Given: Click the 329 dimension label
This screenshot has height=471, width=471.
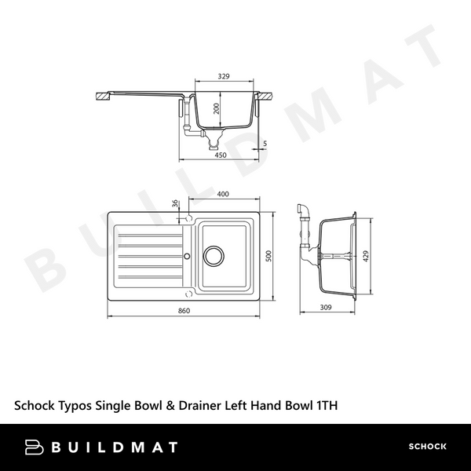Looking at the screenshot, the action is tap(224, 76).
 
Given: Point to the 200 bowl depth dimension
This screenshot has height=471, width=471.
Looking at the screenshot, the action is tap(217, 109).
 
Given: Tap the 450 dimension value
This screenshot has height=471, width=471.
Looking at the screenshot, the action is tap(221, 155).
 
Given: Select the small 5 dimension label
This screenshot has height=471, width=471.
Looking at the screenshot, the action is tap(265, 144).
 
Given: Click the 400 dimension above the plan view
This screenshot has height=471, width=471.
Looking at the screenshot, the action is tap(223, 194).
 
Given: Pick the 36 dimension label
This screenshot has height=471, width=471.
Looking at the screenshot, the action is tap(175, 203).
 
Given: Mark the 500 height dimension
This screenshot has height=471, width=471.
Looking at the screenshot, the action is tap(268, 256).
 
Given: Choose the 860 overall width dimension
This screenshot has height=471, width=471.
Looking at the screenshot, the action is tap(184, 311).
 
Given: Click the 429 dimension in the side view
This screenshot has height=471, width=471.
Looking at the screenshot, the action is tap(366, 256).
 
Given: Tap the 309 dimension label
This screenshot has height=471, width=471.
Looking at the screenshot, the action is tap(326, 307).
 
